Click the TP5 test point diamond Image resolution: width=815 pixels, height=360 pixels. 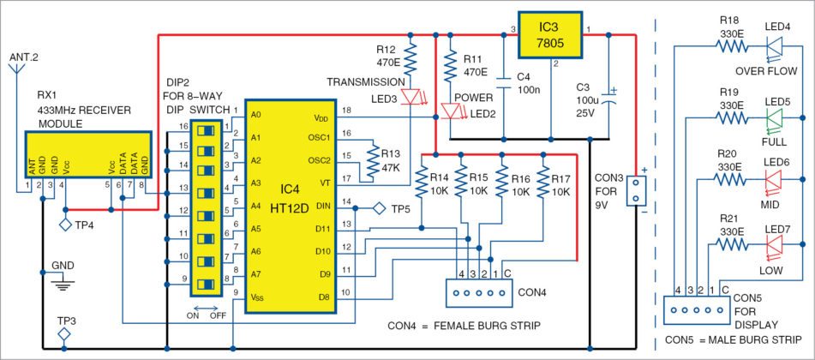[x=377, y=208]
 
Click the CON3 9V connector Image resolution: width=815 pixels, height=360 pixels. [x=635, y=191]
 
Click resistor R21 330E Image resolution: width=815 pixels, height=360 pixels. [x=732, y=245]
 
